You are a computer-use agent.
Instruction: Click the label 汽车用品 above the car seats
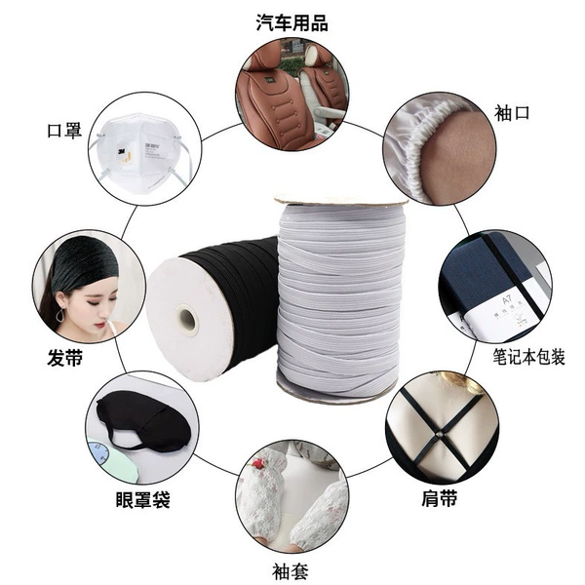292,23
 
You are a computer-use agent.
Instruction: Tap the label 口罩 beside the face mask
64,131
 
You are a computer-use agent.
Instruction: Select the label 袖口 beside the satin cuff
512,113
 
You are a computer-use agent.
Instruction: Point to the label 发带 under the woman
65,358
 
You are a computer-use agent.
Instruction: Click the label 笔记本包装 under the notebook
528,357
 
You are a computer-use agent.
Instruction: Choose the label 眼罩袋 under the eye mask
143,499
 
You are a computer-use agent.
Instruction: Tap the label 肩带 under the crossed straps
439,497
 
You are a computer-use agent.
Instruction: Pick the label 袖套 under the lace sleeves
291,571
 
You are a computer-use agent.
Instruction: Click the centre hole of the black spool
186,318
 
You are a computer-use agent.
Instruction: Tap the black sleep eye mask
143,421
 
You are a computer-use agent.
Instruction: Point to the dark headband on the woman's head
84,261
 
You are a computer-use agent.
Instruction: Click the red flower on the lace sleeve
257,464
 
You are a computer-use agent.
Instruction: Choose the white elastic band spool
340,298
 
